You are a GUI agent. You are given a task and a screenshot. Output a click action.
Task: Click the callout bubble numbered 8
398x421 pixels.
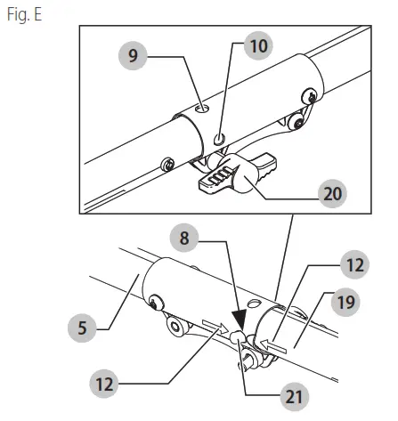[185, 238]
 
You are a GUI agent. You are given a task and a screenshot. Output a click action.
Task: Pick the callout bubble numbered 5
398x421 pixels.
[83, 326]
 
